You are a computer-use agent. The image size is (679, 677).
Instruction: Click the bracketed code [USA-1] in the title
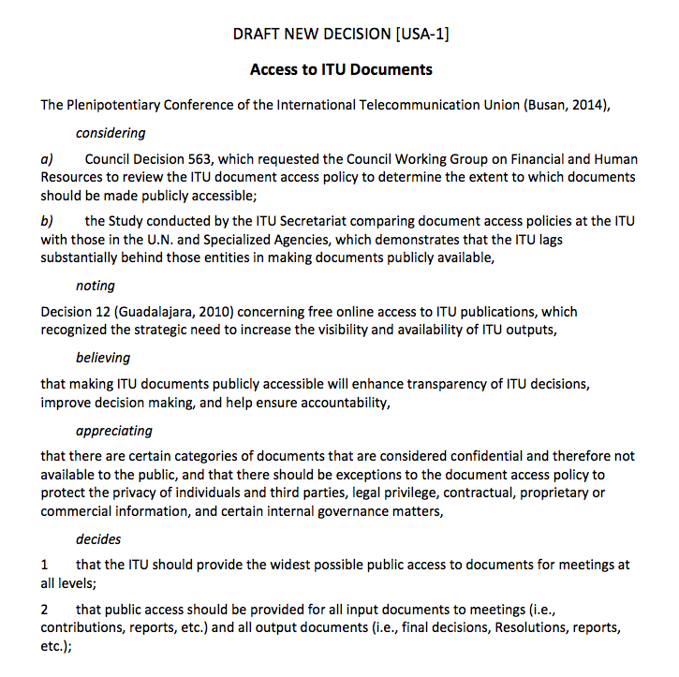(x=424, y=36)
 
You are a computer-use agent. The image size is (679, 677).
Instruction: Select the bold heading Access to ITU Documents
(x=341, y=70)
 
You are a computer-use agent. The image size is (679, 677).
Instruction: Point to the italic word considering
(x=111, y=133)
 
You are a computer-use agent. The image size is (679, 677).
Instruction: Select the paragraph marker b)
(x=47, y=221)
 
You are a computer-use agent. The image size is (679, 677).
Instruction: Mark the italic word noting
(x=96, y=285)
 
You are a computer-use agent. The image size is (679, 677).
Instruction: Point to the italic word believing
(x=103, y=358)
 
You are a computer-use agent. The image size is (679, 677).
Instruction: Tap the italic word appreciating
(x=113, y=431)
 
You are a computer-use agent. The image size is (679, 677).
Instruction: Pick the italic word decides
(x=98, y=539)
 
